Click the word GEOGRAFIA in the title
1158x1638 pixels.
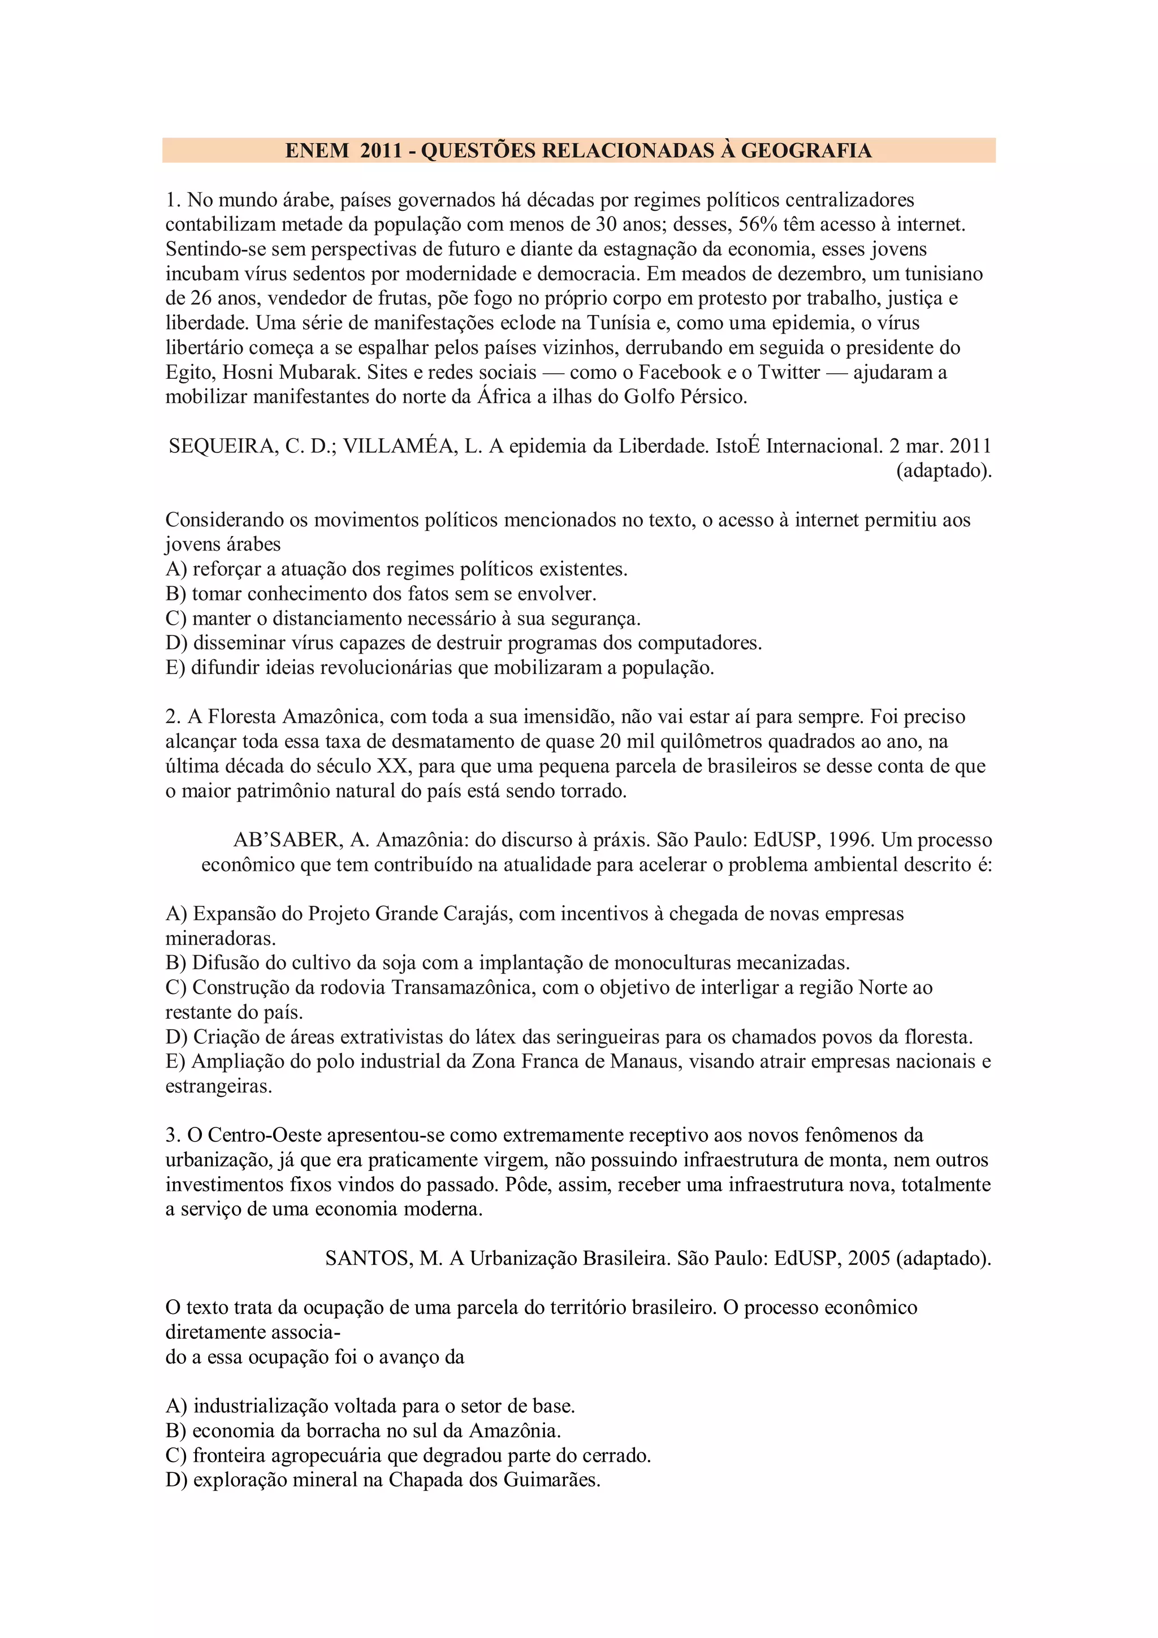[x=806, y=150]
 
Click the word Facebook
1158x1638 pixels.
[x=680, y=373]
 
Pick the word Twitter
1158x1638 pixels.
[x=788, y=373]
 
